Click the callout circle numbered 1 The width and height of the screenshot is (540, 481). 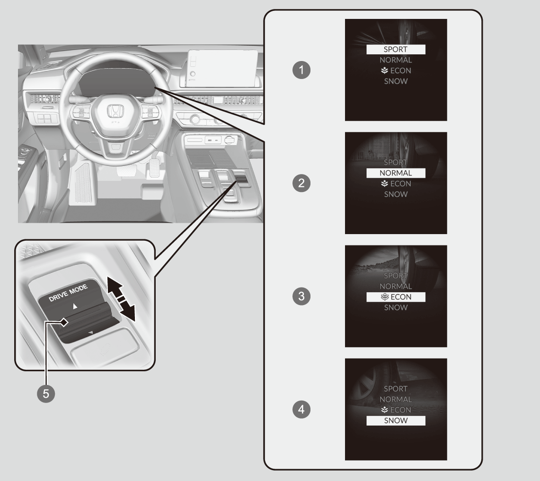click(x=301, y=70)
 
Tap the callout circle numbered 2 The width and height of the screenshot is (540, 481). click(x=301, y=183)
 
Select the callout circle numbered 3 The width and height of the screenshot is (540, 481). click(x=301, y=296)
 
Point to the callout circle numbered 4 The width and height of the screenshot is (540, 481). click(x=301, y=410)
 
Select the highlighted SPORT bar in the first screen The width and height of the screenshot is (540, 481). click(x=396, y=50)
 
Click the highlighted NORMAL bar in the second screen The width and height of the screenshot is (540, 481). click(x=396, y=173)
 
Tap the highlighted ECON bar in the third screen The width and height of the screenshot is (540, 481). click(x=396, y=297)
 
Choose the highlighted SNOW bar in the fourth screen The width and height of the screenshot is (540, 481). click(x=396, y=420)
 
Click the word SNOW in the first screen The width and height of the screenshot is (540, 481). click(x=396, y=81)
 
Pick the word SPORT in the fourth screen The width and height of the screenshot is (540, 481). click(x=396, y=389)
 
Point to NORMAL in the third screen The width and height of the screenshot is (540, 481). click(x=396, y=286)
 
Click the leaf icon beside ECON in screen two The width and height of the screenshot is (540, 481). click(x=384, y=184)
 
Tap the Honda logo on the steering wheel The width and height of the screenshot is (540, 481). click(x=115, y=111)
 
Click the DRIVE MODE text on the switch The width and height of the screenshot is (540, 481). click(x=68, y=293)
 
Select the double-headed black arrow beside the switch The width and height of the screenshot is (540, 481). click(x=121, y=299)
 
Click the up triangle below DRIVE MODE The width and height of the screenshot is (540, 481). click(x=75, y=306)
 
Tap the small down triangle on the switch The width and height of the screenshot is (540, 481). click(x=91, y=332)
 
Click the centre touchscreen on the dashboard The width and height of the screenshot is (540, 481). click(x=222, y=68)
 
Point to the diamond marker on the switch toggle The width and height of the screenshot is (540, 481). click(x=64, y=323)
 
